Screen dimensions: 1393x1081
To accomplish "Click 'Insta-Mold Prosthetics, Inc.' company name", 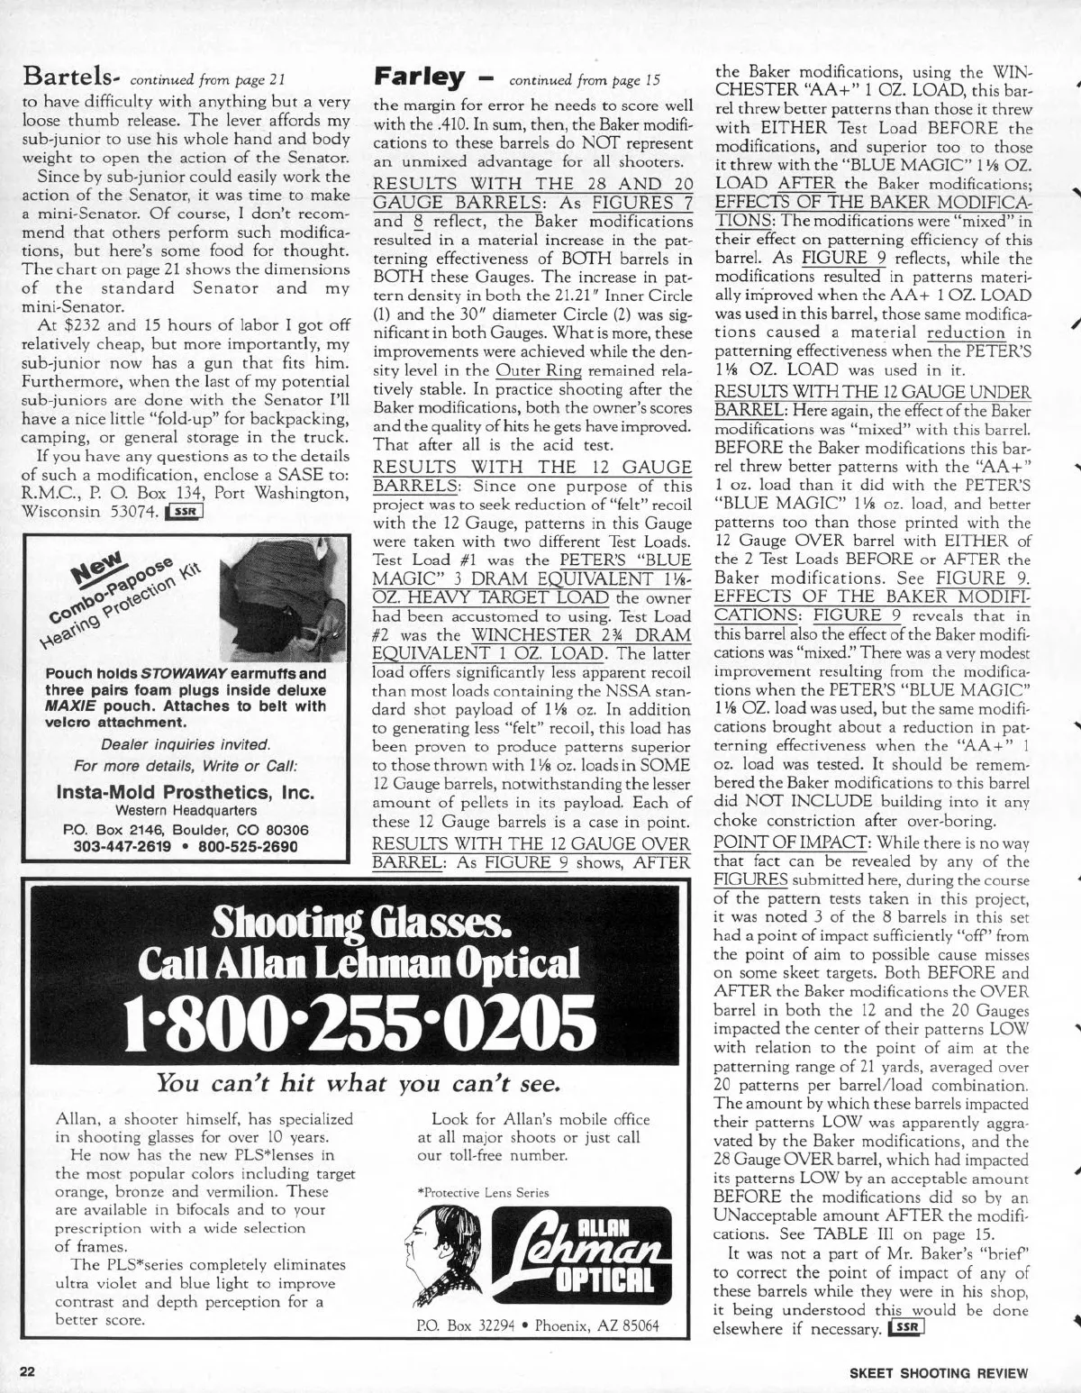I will (186, 793).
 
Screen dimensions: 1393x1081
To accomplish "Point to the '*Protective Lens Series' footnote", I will (485, 1192).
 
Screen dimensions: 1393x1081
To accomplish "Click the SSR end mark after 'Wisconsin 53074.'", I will (183, 513).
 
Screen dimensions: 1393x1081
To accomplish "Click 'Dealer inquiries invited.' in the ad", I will (186, 744).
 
